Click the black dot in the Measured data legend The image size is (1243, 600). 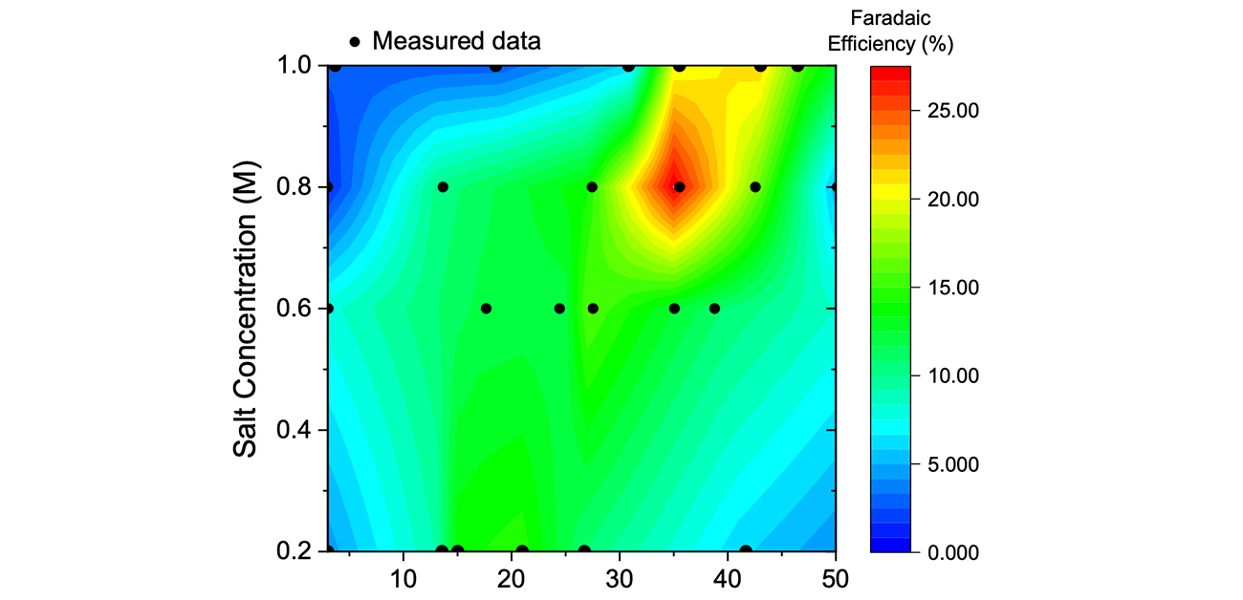point(355,42)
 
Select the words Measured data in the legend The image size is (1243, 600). point(456,41)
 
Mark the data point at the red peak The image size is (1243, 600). point(679,187)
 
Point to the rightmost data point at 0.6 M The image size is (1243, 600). point(714,309)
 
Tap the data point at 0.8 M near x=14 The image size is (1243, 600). point(442,187)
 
